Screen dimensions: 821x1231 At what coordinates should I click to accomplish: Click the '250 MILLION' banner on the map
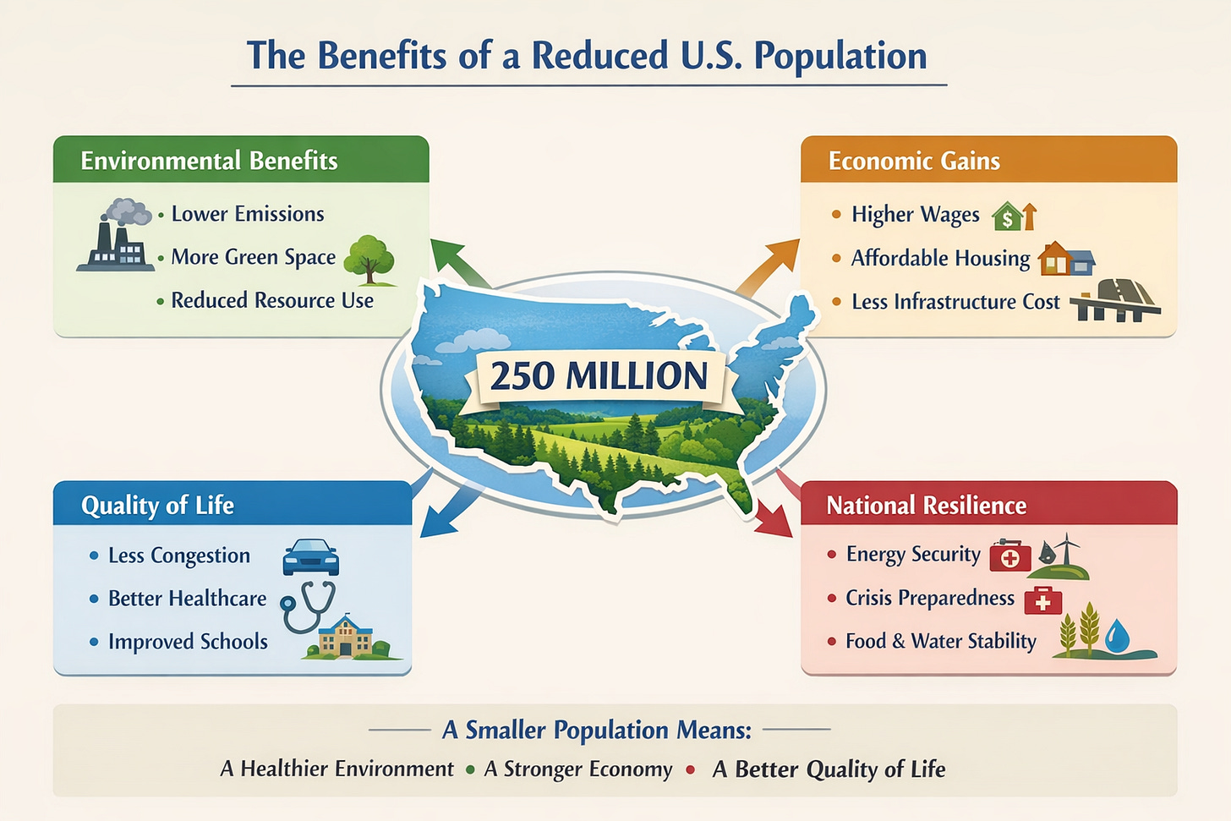[x=599, y=376]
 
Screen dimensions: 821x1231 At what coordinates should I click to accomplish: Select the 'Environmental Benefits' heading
[x=209, y=161]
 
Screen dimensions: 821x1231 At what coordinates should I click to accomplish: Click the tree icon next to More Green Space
[x=370, y=259]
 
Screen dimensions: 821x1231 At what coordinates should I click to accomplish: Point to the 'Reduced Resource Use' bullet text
[x=272, y=300]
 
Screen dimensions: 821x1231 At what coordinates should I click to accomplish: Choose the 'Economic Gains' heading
[x=914, y=161]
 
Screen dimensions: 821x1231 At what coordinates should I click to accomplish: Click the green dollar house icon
[x=1008, y=217]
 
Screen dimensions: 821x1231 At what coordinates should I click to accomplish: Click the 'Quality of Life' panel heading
[x=157, y=505]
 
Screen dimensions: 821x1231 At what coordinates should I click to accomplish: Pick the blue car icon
[x=310, y=557]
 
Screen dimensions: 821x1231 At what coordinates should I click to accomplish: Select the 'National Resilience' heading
[x=926, y=505]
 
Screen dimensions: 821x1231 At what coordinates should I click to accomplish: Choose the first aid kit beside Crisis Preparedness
[x=1042, y=600]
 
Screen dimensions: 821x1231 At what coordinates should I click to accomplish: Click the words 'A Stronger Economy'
[x=578, y=769]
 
